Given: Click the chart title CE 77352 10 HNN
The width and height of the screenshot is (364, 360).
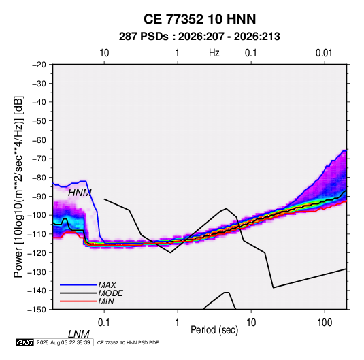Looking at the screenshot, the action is tap(199, 19).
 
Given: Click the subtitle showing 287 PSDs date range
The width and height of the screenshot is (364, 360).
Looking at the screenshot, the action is tap(199, 37).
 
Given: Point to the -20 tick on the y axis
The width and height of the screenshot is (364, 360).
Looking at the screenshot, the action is tap(39, 65).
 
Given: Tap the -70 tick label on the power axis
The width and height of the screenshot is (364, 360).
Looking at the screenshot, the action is tap(39, 159).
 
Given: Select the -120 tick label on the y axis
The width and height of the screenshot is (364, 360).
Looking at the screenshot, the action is tap(37, 253).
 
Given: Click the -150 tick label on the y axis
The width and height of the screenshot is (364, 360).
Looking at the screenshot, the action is tap(37, 310).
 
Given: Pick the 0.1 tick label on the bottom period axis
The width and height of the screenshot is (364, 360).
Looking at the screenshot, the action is tap(104, 323).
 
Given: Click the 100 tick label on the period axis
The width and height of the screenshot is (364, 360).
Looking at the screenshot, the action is tap(325, 323).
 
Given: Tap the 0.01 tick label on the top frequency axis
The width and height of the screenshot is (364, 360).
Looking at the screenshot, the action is tap(324, 53).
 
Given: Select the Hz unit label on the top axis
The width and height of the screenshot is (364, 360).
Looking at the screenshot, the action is tap(214, 53).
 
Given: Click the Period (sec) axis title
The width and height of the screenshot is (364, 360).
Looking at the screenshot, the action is tap(214, 330).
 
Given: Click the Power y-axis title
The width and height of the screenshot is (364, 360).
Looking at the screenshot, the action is tap(18, 186).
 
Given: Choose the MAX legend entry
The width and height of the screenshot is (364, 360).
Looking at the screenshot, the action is tap(107, 285).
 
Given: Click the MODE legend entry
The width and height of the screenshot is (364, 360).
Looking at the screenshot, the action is tap(110, 293).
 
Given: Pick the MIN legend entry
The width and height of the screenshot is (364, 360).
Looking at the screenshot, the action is tap(106, 301).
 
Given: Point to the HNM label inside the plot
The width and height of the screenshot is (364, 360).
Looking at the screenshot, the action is tap(80, 193).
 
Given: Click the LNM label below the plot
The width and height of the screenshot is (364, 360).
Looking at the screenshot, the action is tap(79, 334).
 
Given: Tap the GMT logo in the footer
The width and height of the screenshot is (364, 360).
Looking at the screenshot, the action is tap(25, 342).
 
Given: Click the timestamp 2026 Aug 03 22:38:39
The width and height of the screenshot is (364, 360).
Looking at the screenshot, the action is tap(63, 342).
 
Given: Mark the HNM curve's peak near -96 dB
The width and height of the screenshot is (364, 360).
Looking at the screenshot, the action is tap(227, 208).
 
